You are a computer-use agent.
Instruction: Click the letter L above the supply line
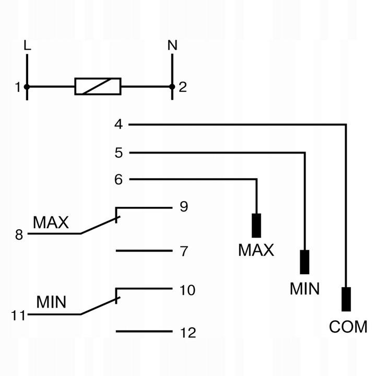(27, 45)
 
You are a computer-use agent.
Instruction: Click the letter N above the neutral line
(172, 45)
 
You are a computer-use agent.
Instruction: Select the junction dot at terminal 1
(27, 87)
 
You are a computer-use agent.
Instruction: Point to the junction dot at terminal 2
(172, 87)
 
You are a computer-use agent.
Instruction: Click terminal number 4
(119, 124)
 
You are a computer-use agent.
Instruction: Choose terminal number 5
(119, 152)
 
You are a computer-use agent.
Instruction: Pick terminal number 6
(119, 179)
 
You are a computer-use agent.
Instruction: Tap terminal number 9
(184, 206)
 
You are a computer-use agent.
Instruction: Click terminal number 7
(184, 251)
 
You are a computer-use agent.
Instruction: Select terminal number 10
(187, 290)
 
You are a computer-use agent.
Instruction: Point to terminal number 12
(188, 333)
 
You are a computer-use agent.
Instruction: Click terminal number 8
(19, 235)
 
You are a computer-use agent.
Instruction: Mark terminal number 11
(18, 315)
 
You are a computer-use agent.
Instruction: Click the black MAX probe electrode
(256, 226)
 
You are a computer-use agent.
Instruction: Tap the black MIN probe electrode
(304, 262)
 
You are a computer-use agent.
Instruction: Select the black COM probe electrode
(346, 299)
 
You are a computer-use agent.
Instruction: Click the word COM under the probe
(348, 326)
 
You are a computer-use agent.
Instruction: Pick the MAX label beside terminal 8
(51, 222)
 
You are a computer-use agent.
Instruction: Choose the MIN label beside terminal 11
(51, 302)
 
